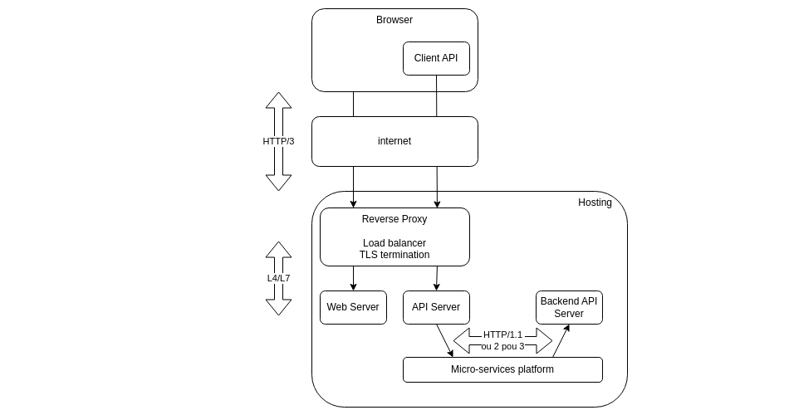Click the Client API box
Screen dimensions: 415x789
pyautogui.click(x=436, y=58)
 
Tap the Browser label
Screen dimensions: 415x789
pyautogui.click(x=394, y=20)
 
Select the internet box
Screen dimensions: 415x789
pyautogui.click(x=394, y=141)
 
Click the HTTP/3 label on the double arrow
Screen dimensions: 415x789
pyautogui.click(x=278, y=141)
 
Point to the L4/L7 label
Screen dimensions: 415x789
pyautogui.click(x=278, y=278)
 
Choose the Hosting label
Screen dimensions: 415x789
pyautogui.click(x=595, y=203)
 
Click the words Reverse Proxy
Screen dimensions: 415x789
pyautogui.click(x=394, y=219)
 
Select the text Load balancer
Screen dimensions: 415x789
pyautogui.click(x=394, y=243)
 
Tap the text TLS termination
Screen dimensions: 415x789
pyautogui.click(x=394, y=255)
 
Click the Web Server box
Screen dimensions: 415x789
pyautogui.click(x=353, y=307)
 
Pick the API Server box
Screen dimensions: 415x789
pyautogui.click(x=436, y=307)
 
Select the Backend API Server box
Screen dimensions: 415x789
pyautogui.click(x=569, y=307)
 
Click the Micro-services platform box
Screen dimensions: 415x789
pyautogui.click(x=502, y=369)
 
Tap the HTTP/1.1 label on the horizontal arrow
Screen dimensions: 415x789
pyautogui.click(x=502, y=334)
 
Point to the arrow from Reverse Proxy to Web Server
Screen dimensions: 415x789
pyautogui.click(x=353, y=278)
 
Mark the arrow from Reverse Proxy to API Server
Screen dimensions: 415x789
pyautogui.click(x=437, y=278)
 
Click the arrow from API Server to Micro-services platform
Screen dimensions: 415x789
pyautogui.click(x=444, y=340)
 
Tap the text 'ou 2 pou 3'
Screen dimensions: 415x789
pyautogui.click(x=502, y=346)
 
